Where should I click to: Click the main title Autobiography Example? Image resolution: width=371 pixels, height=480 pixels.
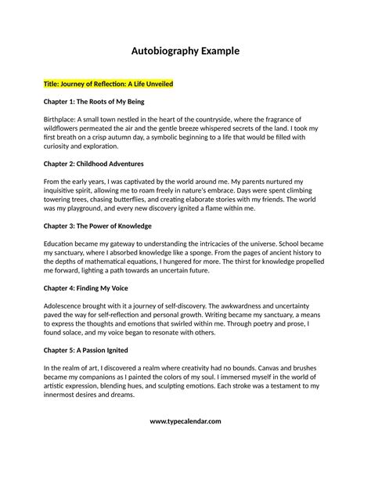[x=185, y=52]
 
